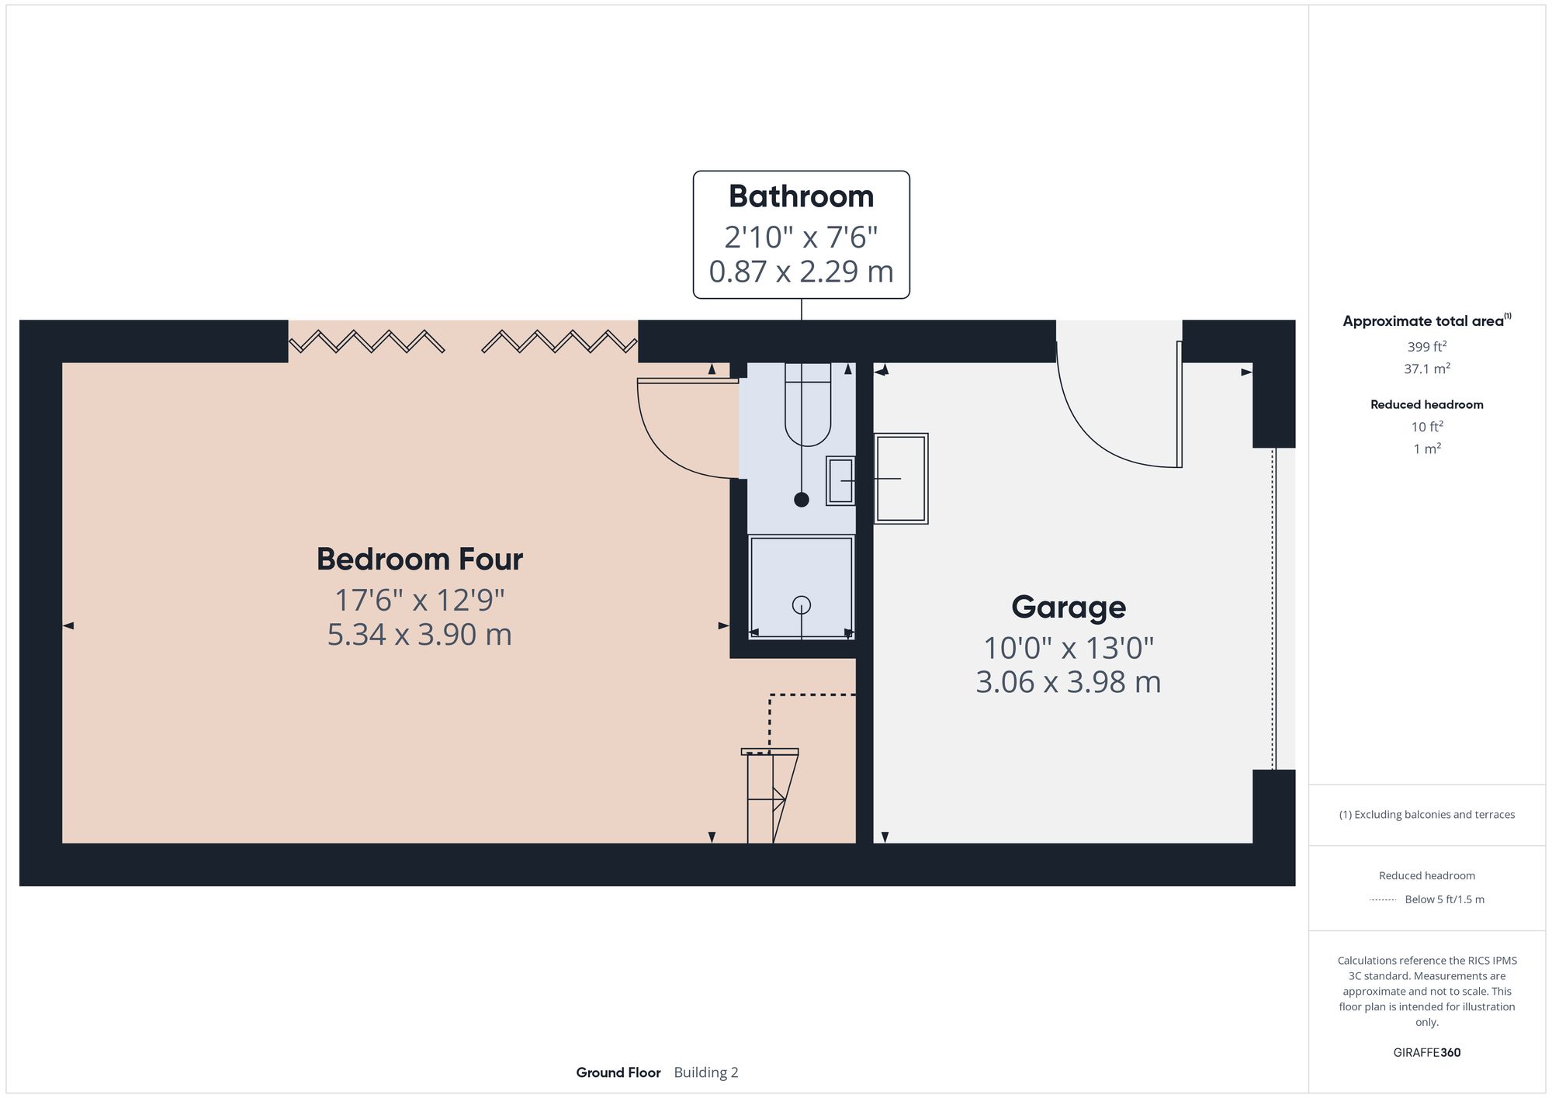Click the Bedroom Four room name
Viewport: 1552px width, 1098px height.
420,559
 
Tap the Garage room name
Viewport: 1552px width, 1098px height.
1068,606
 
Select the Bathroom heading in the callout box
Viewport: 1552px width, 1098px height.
801,196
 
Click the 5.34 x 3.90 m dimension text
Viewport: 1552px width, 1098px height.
420,634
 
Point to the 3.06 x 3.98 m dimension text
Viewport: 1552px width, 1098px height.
1068,681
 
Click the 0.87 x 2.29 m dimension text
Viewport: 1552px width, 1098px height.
801,271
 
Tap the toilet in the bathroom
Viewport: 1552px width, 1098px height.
808,407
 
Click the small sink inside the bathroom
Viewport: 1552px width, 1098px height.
840,481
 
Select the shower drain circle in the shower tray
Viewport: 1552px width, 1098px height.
801,604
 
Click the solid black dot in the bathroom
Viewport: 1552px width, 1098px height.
802,500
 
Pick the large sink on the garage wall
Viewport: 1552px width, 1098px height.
901,479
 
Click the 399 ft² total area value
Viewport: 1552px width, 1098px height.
1426,347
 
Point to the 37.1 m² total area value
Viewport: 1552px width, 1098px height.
1426,369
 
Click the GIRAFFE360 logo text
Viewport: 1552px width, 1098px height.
1426,1053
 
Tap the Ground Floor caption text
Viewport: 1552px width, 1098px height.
618,1072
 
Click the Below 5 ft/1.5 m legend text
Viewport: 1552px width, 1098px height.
1444,899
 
